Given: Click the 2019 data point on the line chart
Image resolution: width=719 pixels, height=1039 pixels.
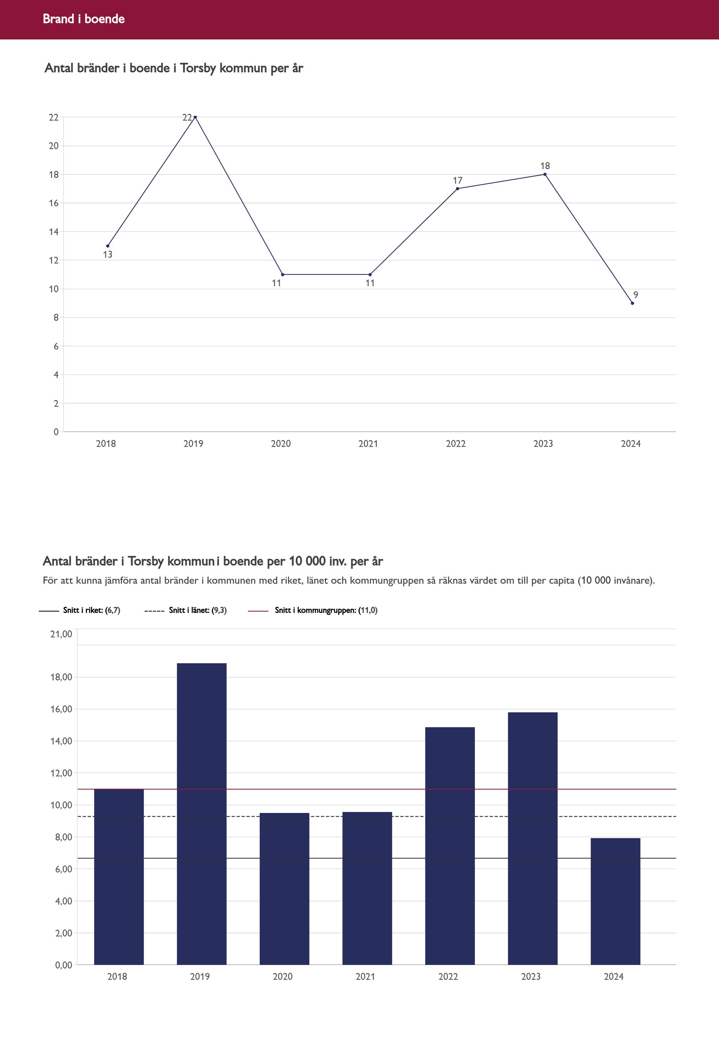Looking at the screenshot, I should [x=195, y=117].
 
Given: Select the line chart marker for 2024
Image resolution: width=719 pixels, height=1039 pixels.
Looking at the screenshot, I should [x=633, y=303].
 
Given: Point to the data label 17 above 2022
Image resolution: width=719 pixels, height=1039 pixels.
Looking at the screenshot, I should [x=457, y=180].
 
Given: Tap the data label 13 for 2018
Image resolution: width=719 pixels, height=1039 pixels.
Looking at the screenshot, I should [x=107, y=254].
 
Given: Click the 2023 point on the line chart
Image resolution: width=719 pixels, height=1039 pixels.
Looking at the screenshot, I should [x=545, y=174].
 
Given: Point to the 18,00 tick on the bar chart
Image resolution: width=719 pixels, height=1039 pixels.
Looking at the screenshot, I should [x=61, y=677].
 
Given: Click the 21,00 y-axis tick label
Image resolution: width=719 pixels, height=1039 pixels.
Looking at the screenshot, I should [x=61, y=634].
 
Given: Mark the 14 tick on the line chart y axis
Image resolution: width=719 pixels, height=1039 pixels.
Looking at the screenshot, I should [x=54, y=232].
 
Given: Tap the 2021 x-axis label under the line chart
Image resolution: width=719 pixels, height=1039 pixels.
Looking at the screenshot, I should [x=368, y=444].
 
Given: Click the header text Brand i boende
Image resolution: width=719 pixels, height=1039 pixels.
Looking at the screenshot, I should [x=84, y=19].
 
